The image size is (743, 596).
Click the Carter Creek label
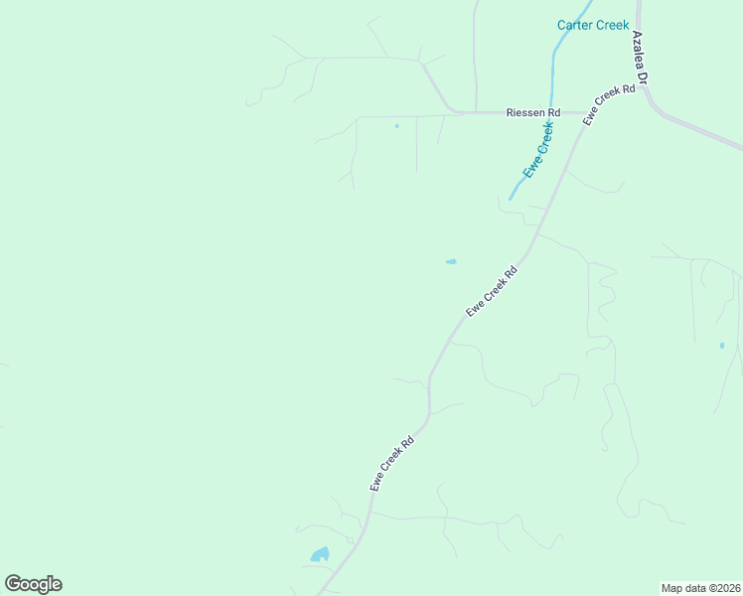593,25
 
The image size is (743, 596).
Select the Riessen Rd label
533,113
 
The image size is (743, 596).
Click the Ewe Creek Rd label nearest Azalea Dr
609,103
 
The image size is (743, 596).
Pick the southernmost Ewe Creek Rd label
391,463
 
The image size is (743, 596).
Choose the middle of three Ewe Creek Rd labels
492,291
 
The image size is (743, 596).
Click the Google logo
33,584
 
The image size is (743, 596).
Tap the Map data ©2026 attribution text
701,588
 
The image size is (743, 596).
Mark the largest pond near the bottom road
319,554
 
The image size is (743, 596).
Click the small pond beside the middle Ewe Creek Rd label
451,262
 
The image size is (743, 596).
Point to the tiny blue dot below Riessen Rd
396,126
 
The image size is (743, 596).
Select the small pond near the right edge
722,346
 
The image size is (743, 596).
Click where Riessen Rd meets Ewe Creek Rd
580,113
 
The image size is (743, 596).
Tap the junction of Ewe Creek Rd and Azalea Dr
641,87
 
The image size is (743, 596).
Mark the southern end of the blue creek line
510,200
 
